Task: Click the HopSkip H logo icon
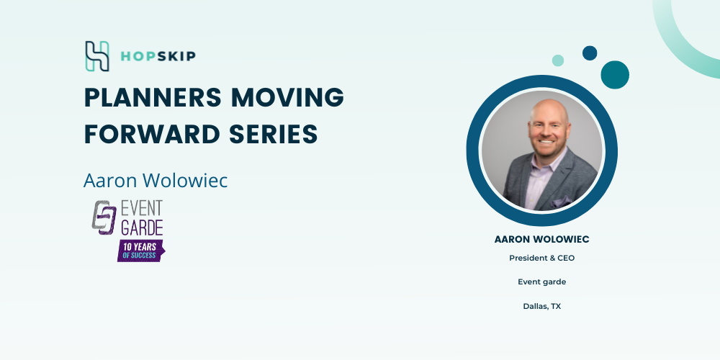[x=97, y=56]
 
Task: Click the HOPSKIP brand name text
[x=158, y=56]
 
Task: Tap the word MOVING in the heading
[x=287, y=97]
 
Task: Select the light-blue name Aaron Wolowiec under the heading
[x=156, y=181]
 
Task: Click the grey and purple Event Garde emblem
[x=104, y=217]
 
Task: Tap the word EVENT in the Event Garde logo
[x=141, y=208]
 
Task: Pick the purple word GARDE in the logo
[x=141, y=228]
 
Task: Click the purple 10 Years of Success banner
[x=141, y=251]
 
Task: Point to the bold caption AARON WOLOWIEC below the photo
[x=542, y=239]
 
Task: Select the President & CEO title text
[x=542, y=258]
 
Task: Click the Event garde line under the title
[x=542, y=282]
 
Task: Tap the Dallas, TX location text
[x=542, y=306]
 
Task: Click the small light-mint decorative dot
[x=558, y=60]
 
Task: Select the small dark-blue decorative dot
[x=590, y=53]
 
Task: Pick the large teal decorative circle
[x=615, y=75]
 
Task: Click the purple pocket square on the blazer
[x=562, y=202]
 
